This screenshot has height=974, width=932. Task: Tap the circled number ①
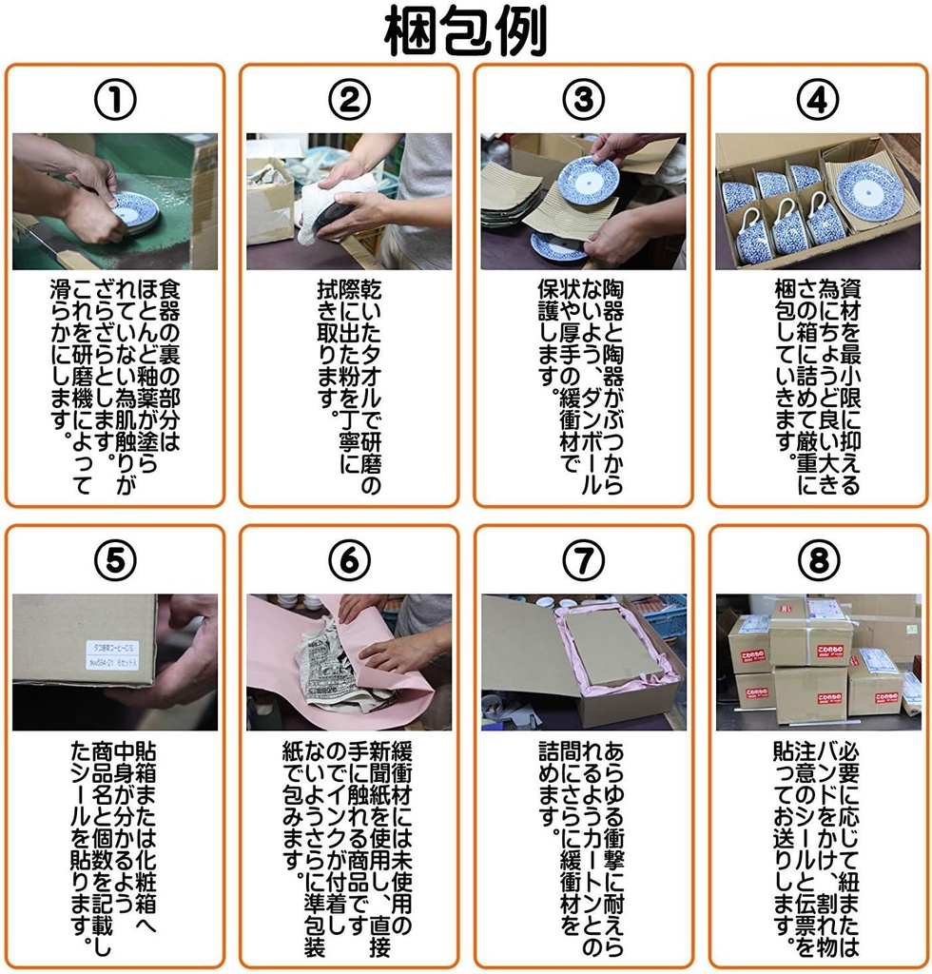point(115,100)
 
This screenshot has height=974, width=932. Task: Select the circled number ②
point(349,100)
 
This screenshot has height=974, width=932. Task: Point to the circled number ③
point(583,100)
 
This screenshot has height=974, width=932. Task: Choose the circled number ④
point(818,100)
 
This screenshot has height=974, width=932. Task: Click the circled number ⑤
point(115,560)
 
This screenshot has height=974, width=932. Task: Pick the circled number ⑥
point(349,560)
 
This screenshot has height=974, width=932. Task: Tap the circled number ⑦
point(583,560)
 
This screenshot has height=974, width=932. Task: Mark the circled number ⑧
point(818,560)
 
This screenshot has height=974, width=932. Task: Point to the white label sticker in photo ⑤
point(112,655)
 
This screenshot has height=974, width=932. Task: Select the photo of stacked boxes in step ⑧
point(818,662)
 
